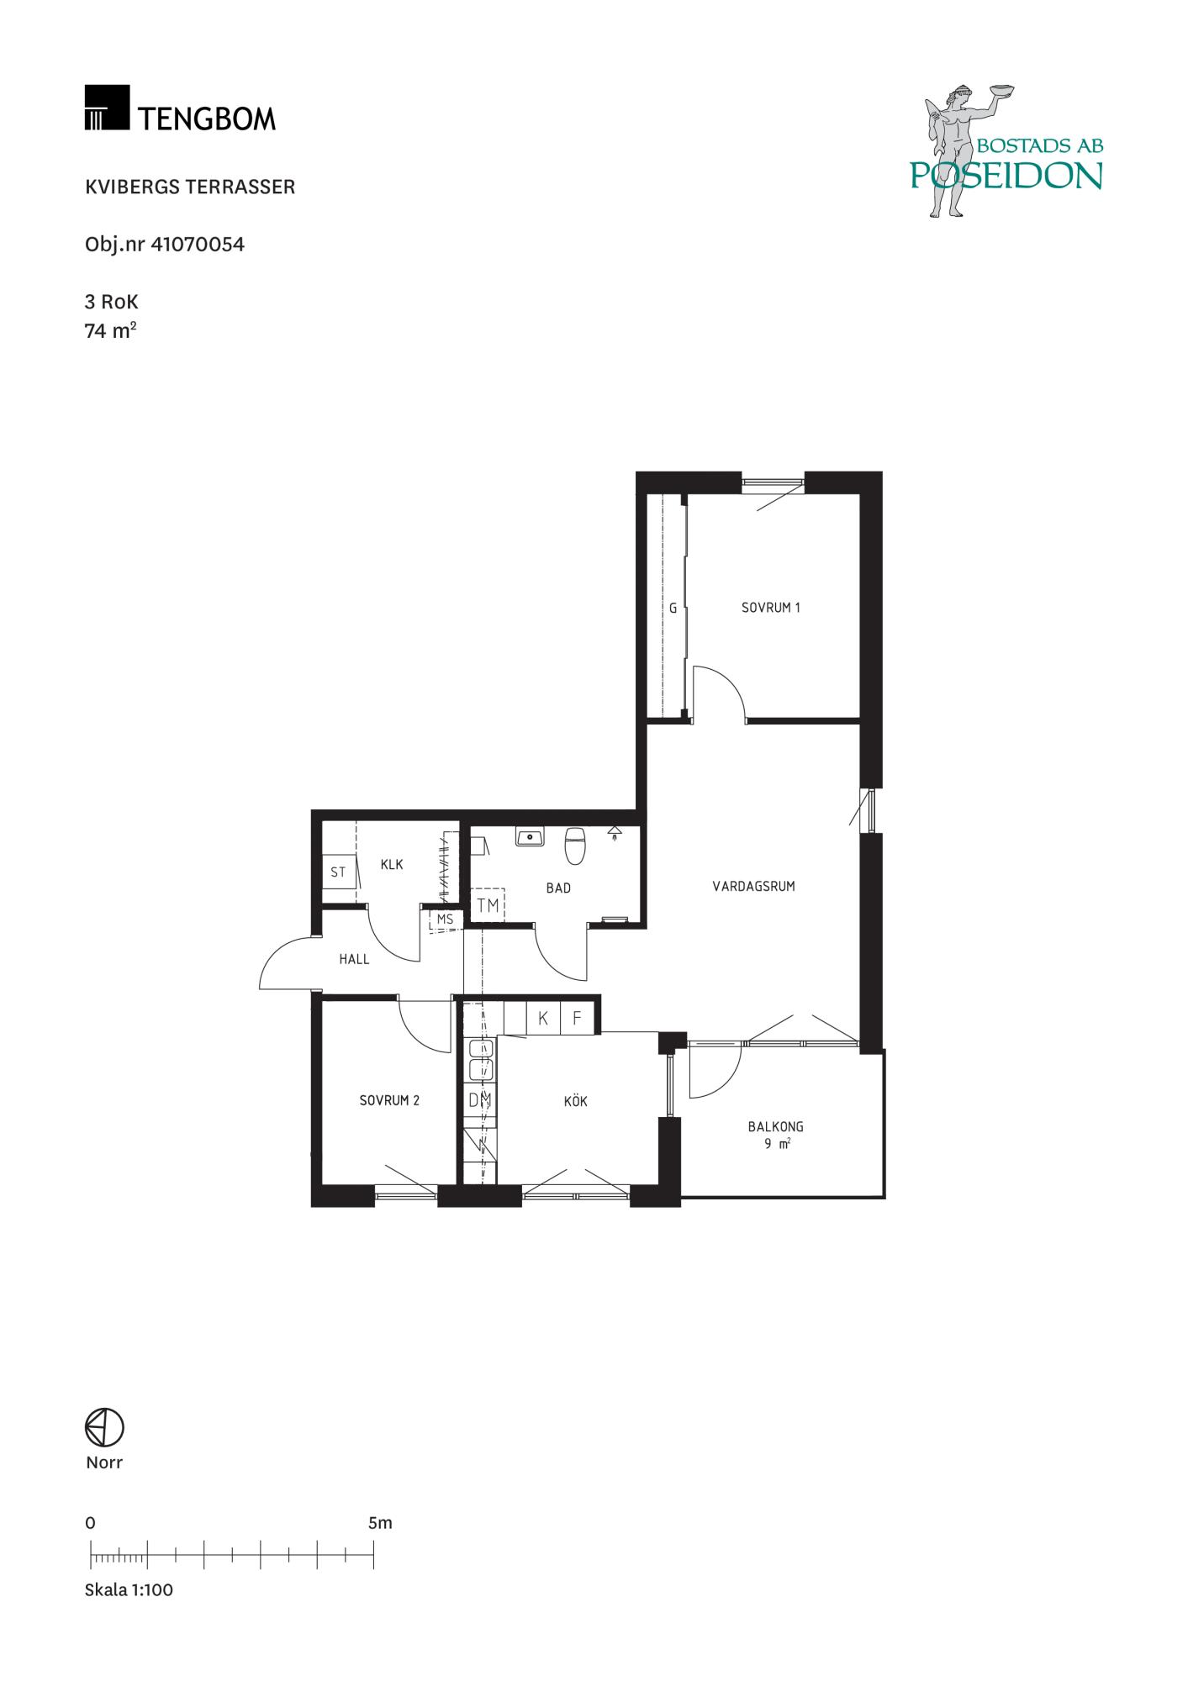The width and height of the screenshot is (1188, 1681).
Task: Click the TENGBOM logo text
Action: (207, 119)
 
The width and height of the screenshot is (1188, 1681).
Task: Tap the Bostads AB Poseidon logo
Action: (1006, 151)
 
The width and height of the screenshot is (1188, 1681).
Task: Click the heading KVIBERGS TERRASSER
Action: (190, 187)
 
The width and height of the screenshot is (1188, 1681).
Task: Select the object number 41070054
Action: (198, 245)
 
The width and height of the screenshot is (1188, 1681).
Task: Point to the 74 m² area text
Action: (110, 329)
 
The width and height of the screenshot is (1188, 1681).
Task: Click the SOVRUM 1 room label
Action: (770, 607)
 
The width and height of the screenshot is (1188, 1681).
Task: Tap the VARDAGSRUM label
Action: (753, 886)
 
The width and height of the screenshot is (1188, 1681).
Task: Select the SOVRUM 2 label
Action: (389, 1100)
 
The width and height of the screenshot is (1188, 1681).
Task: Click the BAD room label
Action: (558, 888)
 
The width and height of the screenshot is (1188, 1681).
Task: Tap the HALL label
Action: (354, 959)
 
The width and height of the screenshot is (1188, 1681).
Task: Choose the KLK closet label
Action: (392, 864)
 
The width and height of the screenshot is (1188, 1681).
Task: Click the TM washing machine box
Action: (488, 905)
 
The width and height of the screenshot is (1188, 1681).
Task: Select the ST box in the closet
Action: (338, 872)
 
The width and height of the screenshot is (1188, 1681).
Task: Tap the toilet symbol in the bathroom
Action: (575, 846)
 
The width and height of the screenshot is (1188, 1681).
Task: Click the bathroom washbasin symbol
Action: (531, 836)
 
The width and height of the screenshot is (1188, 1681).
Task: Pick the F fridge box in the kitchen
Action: (577, 1018)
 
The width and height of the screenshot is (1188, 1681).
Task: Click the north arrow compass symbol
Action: (104, 1427)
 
